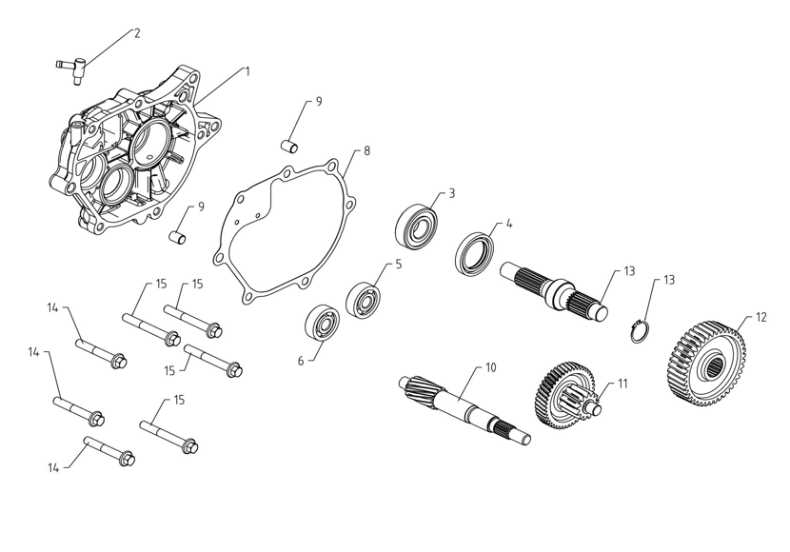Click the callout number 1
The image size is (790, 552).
pyautogui.click(x=247, y=70)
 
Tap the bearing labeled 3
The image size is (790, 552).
pyautogui.click(x=417, y=227)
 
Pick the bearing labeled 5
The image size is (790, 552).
pyautogui.click(x=364, y=300)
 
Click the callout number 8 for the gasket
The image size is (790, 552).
pyautogui.click(x=367, y=150)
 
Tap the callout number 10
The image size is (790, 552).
pyautogui.click(x=491, y=366)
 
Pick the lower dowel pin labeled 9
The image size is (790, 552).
pyautogui.click(x=177, y=236)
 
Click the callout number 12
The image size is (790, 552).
pyautogui.click(x=760, y=316)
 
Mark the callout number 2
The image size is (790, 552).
pyautogui.click(x=137, y=33)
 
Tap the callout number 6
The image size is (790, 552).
pyautogui.click(x=301, y=361)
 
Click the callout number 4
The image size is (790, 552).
pyautogui.click(x=509, y=224)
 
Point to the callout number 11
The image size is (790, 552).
pyautogui.click(x=623, y=384)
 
